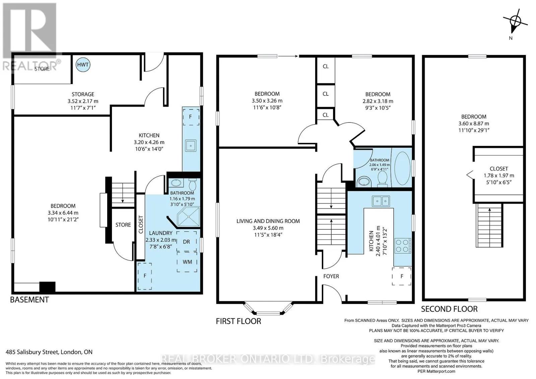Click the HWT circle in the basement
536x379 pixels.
(x=83, y=65)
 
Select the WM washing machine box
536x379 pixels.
(x=187, y=262)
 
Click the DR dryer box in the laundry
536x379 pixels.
(x=187, y=241)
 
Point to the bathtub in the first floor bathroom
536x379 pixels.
(x=402, y=168)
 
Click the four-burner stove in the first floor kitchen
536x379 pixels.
(x=403, y=246)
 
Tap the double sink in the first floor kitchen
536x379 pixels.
(x=381, y=201)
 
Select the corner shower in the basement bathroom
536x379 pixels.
(x=188, y=217)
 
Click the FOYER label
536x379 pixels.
(x=331, y=276)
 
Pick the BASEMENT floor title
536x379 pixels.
(x=29, y=300)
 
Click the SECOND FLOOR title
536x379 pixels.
(x=449, y=309)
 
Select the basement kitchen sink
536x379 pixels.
(x=191, y=145)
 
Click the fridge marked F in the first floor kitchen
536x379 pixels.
(x=402, y=276)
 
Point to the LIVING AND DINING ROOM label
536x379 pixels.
(x=268, y=221)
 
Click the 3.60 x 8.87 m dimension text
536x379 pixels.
(x=474, y=124)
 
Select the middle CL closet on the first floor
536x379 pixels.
(x=325, y=94)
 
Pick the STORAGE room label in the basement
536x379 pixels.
(x=83, y=94)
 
